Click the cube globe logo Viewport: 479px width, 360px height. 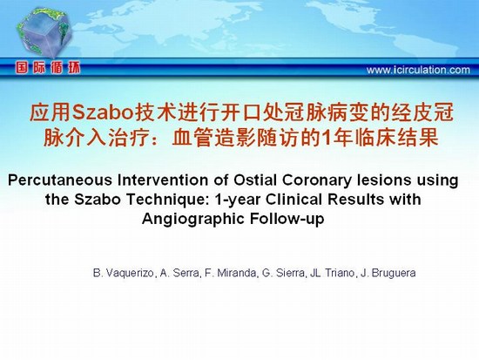(x=44, y=33)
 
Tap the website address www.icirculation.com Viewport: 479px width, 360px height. (x=418, y=70)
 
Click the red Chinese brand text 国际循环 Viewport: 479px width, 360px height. (x=48, y=67)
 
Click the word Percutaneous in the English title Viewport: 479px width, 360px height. (x=60, y=180)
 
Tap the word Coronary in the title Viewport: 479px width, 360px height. (x=316, y=180)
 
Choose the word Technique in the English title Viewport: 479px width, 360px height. (x=168, y=200)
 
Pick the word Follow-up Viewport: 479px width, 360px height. (x=287, y=220)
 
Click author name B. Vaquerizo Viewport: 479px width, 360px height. (x=125, y=273)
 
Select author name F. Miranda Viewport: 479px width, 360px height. (x=231, y=273)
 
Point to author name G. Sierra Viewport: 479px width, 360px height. (x=283, y=273)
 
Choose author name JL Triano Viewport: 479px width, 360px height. (x=333, y=273)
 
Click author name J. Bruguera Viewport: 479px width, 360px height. (x=388, y=273)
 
